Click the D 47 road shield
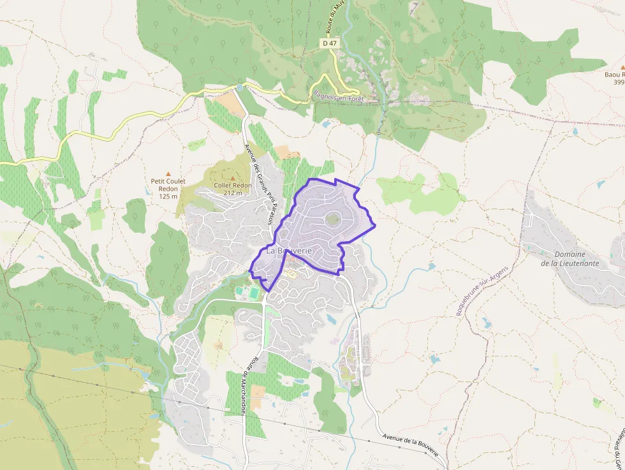[329, 43]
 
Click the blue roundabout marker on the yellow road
[239, 87]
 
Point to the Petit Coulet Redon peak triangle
[168, 173]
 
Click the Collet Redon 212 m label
[232, 189]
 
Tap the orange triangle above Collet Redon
[232, 178]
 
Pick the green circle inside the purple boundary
[332, 219]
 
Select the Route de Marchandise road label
[246, 383]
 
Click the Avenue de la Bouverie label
[411, 444]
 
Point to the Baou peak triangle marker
[622, 66]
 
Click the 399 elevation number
[618, 82]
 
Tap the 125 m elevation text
[168, 196]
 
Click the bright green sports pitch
[254, 293]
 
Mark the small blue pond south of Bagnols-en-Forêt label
[326, 124]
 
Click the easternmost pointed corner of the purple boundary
[375, 225]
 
